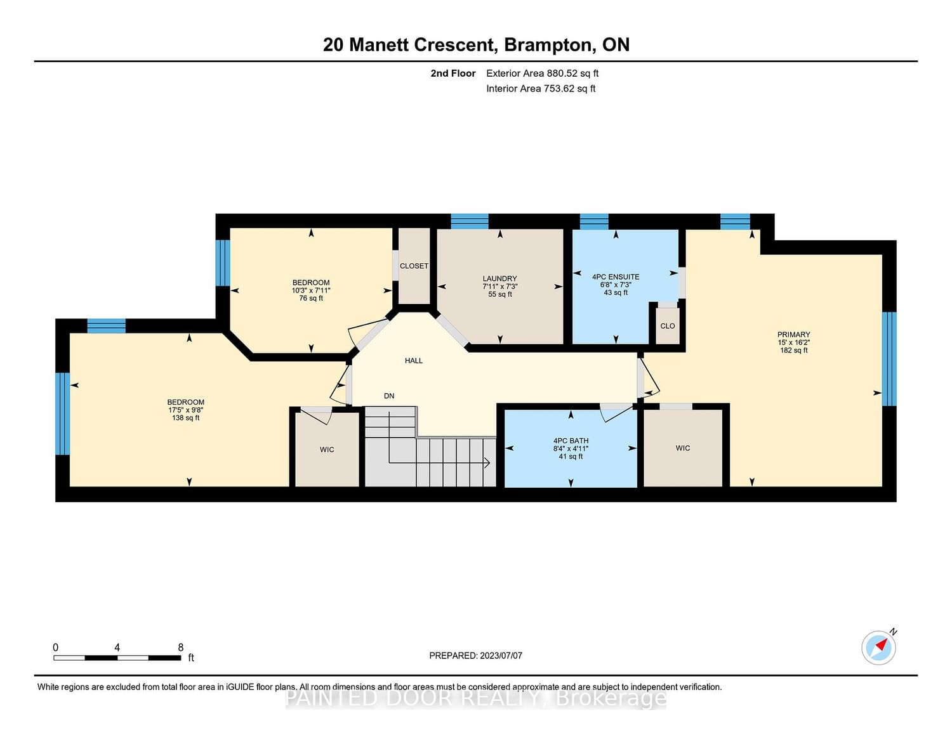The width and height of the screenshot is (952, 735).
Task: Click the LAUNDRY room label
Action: coord(499,278)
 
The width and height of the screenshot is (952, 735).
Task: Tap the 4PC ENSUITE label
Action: coord(616,276)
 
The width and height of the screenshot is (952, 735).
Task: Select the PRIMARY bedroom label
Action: coord(793,334)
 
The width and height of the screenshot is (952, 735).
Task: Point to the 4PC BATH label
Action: coord(571,441)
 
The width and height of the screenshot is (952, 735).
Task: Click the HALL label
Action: coord(414,361)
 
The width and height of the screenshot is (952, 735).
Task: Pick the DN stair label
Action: coord(389,396)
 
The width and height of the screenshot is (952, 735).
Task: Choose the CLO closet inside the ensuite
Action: coord(667,326)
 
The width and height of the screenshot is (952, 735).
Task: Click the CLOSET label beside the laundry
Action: coord(414,266)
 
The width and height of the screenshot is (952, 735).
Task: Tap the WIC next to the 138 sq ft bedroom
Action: coord(327,450)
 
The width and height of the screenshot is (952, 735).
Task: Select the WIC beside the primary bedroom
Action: coord(682,448)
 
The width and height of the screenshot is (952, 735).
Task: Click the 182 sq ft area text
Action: coord(793,350)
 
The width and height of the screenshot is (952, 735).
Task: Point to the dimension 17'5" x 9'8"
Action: coord(186,410)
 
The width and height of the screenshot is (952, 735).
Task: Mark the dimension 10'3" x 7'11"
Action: coord(311,290)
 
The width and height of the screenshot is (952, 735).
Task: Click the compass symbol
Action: coord(878,648)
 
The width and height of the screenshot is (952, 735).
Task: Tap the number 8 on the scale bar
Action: coord(180,647)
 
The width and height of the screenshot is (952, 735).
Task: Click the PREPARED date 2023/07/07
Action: coord(501,655)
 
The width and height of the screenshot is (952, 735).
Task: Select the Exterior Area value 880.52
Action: coord(560,73)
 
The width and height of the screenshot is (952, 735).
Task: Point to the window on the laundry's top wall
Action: coord(470,221)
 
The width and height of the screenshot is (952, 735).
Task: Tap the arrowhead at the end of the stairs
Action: coord(487,462)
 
